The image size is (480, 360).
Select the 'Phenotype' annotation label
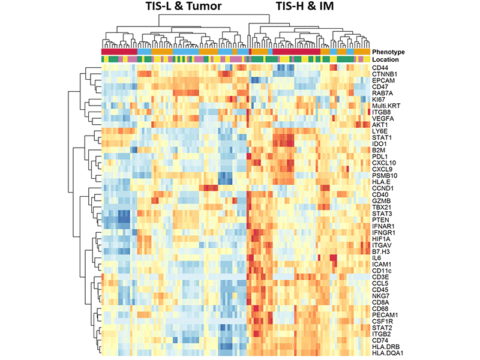pos(388,52)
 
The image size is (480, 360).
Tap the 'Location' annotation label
pos(385,60)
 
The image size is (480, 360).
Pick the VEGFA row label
pos(382,118)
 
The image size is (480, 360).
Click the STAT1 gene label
pos(381,137)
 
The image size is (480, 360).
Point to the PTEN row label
pos(380,219)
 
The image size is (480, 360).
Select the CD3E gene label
pos(380,276)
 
